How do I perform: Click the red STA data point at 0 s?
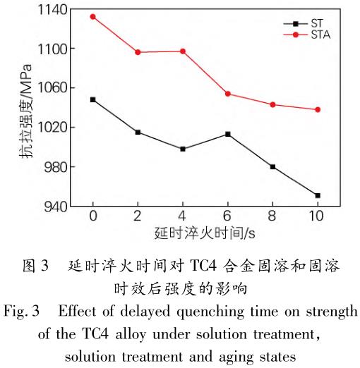coord(92,16)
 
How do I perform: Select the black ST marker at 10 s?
coord(318,195)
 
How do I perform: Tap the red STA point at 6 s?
coord(227,94)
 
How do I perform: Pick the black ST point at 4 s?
coord(183,149)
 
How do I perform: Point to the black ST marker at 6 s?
coord(227,134)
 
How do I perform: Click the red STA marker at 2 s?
coord(138,52)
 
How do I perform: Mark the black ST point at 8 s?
coord(272,166)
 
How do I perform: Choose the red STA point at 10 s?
coord(318,109)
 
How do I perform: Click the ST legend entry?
coord(300,22)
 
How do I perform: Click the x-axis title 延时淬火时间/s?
coord(205,233)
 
